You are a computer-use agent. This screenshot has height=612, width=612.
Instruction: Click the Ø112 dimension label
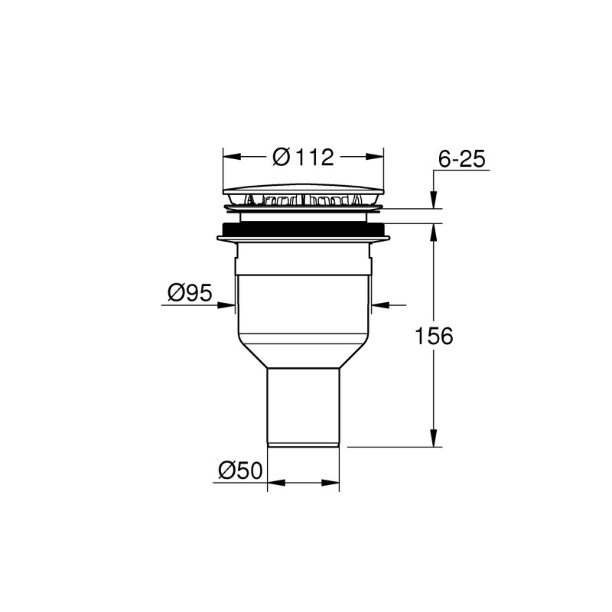click(x=304, y=157)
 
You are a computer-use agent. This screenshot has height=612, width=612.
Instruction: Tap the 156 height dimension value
click(x=434, y=336)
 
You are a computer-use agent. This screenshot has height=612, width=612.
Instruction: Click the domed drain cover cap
click(x=304, y=188)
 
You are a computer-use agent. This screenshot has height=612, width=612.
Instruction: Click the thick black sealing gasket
click(x=304, y=229)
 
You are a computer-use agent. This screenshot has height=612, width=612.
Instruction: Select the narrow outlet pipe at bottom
click(x=304, y=405)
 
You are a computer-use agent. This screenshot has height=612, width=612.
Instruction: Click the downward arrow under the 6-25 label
click(x=434, y=200)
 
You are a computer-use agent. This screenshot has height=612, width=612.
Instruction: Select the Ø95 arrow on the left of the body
click(x=229, y=305)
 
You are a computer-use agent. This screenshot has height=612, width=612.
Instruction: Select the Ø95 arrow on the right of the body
click(x=377, y=305)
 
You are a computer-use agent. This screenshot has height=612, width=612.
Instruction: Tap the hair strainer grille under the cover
click(x=304, y=201)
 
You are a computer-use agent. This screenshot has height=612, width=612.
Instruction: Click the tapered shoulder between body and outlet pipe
click(x=304, y=353)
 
